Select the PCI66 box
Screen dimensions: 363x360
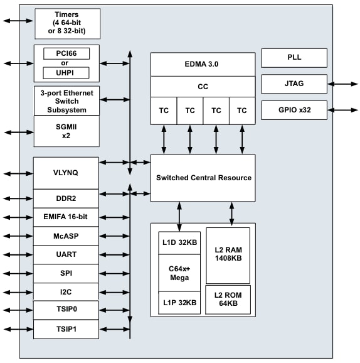[66, 54]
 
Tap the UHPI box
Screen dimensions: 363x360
[66, 73]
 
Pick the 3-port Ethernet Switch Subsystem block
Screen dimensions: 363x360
[66, 100]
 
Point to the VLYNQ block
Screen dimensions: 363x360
[66, 173]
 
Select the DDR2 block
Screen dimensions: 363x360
[66, 198]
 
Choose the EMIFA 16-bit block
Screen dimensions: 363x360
[66, 217]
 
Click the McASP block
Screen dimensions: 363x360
[66, 236]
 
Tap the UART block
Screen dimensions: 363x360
[66, 255]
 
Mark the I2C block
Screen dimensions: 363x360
[66, 292]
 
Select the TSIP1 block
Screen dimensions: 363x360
[66, 329]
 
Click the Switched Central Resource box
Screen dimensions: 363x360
[203, 178]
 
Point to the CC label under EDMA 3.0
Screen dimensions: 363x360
[203, 87]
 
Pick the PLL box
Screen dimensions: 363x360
[294, 58]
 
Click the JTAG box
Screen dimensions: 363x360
[294, 84]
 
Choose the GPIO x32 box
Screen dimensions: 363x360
[294, 109]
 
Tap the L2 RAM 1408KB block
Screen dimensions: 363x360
[228, 254]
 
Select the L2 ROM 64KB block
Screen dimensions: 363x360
[228, 300]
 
